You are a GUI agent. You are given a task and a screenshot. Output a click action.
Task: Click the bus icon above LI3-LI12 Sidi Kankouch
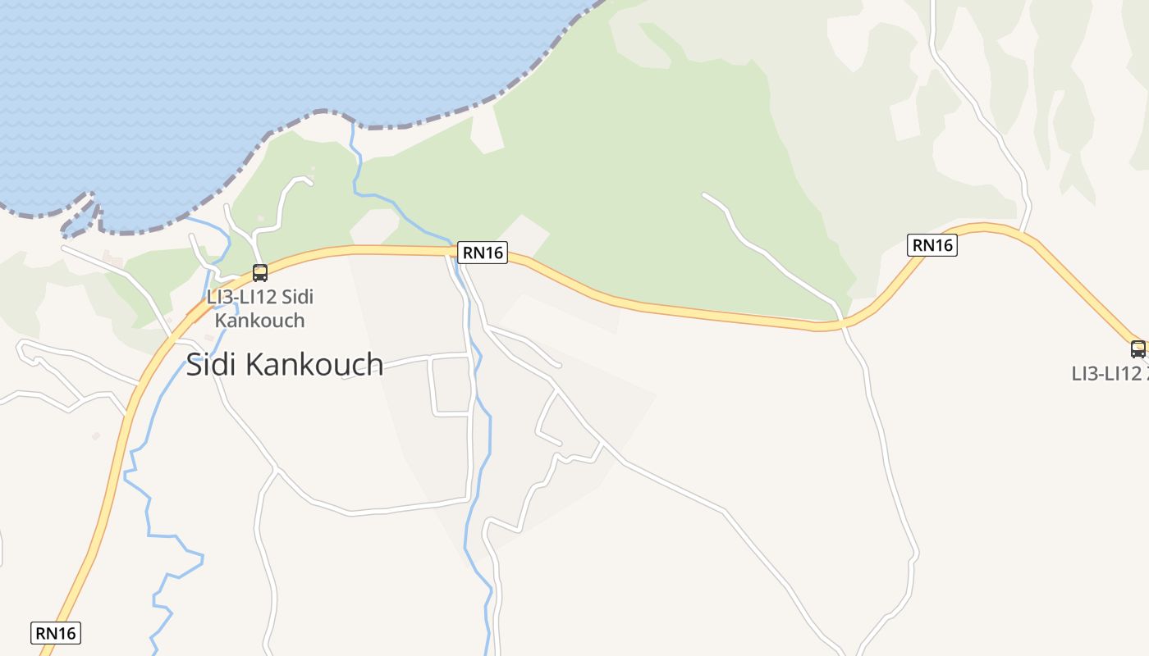tap(260, 273)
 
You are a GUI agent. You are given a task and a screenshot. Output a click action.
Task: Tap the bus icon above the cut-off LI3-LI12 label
tap(1138, 348)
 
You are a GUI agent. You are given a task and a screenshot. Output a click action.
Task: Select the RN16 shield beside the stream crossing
tap(483, 253)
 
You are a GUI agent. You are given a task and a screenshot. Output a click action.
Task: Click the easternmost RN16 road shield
tap(932, 244)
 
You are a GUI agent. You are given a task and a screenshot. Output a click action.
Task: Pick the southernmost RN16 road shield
tap(56, 633)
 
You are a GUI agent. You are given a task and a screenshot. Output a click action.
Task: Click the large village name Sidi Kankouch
tap(284, 364)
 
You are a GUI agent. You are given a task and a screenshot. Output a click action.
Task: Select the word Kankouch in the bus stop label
tap(259, 320)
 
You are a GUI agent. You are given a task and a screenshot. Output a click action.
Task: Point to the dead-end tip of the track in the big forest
tap(704, 194)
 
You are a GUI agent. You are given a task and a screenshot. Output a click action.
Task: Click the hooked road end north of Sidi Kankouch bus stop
tap(309, 181)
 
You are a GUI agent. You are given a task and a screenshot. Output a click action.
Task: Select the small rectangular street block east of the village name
tap(451, 385)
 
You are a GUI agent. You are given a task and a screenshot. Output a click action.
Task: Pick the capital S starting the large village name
tap(195, 364)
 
